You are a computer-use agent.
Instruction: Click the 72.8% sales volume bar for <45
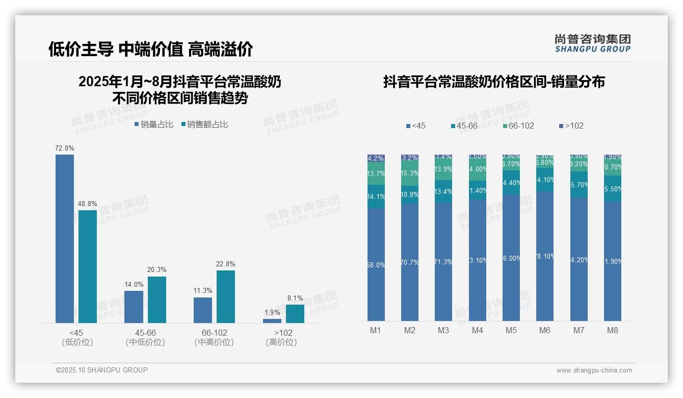[65, 238]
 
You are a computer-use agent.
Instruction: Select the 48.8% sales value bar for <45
[88, 266]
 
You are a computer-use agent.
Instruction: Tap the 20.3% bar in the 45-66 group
[157, 300]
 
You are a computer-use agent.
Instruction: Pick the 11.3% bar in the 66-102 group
[203, 310]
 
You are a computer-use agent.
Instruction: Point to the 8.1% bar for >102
[295, 313]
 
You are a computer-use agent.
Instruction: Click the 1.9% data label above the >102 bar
[272, 312]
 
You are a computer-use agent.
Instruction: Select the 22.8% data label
[226, 264]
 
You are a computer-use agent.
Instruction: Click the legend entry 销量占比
[154, 124]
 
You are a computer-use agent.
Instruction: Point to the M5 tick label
[511, 330]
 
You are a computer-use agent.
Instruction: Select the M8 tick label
[612, 330]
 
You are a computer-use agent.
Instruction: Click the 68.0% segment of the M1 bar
[376, 264]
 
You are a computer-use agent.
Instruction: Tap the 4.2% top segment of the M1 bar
[376, 158]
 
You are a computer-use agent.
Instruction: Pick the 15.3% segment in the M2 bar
[410, 173]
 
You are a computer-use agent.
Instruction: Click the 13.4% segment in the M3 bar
[443, 191]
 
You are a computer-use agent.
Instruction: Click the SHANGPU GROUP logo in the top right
[592, 43]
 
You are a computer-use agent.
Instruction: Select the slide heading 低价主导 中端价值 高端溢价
[150, 49]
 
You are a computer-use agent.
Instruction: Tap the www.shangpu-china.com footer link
[594, 370]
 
